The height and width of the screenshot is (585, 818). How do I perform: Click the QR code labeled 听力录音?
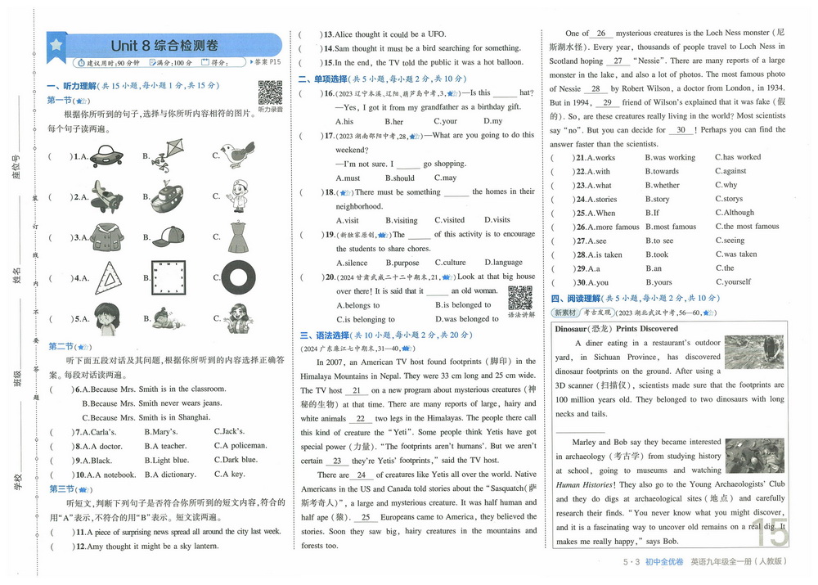coord(270,92)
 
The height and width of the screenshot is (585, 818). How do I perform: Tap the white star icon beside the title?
coord(56,45)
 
